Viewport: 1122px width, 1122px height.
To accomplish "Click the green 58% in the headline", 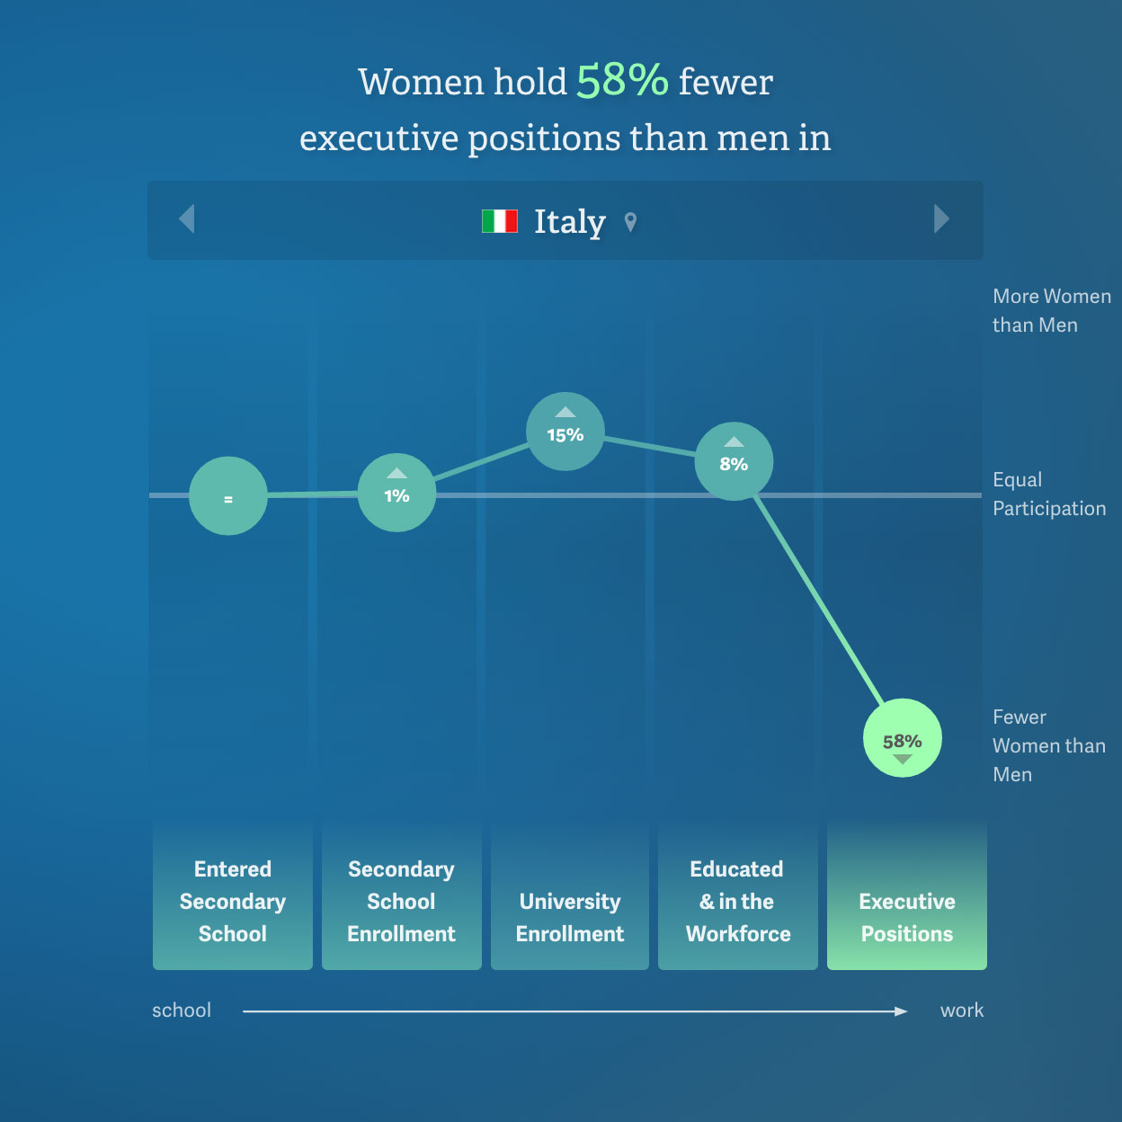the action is pyautogui.click(x=622, y=80).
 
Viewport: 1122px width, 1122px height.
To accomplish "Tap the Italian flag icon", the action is pyautogui.click(x=500, y=221).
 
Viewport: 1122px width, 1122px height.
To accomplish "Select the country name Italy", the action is pyautogui.click(x=570, y=222).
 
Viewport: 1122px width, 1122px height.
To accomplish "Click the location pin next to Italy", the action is pyautogui.click(x=630, y=222).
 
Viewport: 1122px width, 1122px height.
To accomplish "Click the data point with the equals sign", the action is pyautogui.click(x=228, y=496).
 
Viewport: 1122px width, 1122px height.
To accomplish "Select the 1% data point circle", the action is pyautogui.click(x=396, y=493).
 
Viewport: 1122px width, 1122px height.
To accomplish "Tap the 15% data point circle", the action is pyautogui.click(x=565, y=432).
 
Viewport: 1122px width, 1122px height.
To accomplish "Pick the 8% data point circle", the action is pyautogui.click(x=734, y=461).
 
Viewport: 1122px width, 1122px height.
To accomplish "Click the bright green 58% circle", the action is pyautogui.click(x=903, y=738).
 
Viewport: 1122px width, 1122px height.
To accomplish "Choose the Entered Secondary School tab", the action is pyautogui.click(x=232, y=896).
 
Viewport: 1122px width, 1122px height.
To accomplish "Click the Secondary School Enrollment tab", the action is pyautogui.click(x=401, y=896).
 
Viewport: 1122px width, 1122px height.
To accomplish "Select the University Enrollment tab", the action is pyautogui.click(x=569, y=896).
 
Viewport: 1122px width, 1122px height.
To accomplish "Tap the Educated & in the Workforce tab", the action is pyautogui.click(x=738, y=896).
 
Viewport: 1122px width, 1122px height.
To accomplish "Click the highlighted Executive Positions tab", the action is pyautogui.click(x=906, y=896).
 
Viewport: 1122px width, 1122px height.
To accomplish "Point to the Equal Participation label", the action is pyautogui.click(x=1049, y=494).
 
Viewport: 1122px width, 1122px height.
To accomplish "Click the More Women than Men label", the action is pyautogui.click(x=1052, y=310).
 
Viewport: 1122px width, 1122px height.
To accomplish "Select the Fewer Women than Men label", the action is pyautogui.click(x=1048, y=745).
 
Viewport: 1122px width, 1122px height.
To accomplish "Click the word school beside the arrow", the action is pyautogui.click(x=182, y=1011).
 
